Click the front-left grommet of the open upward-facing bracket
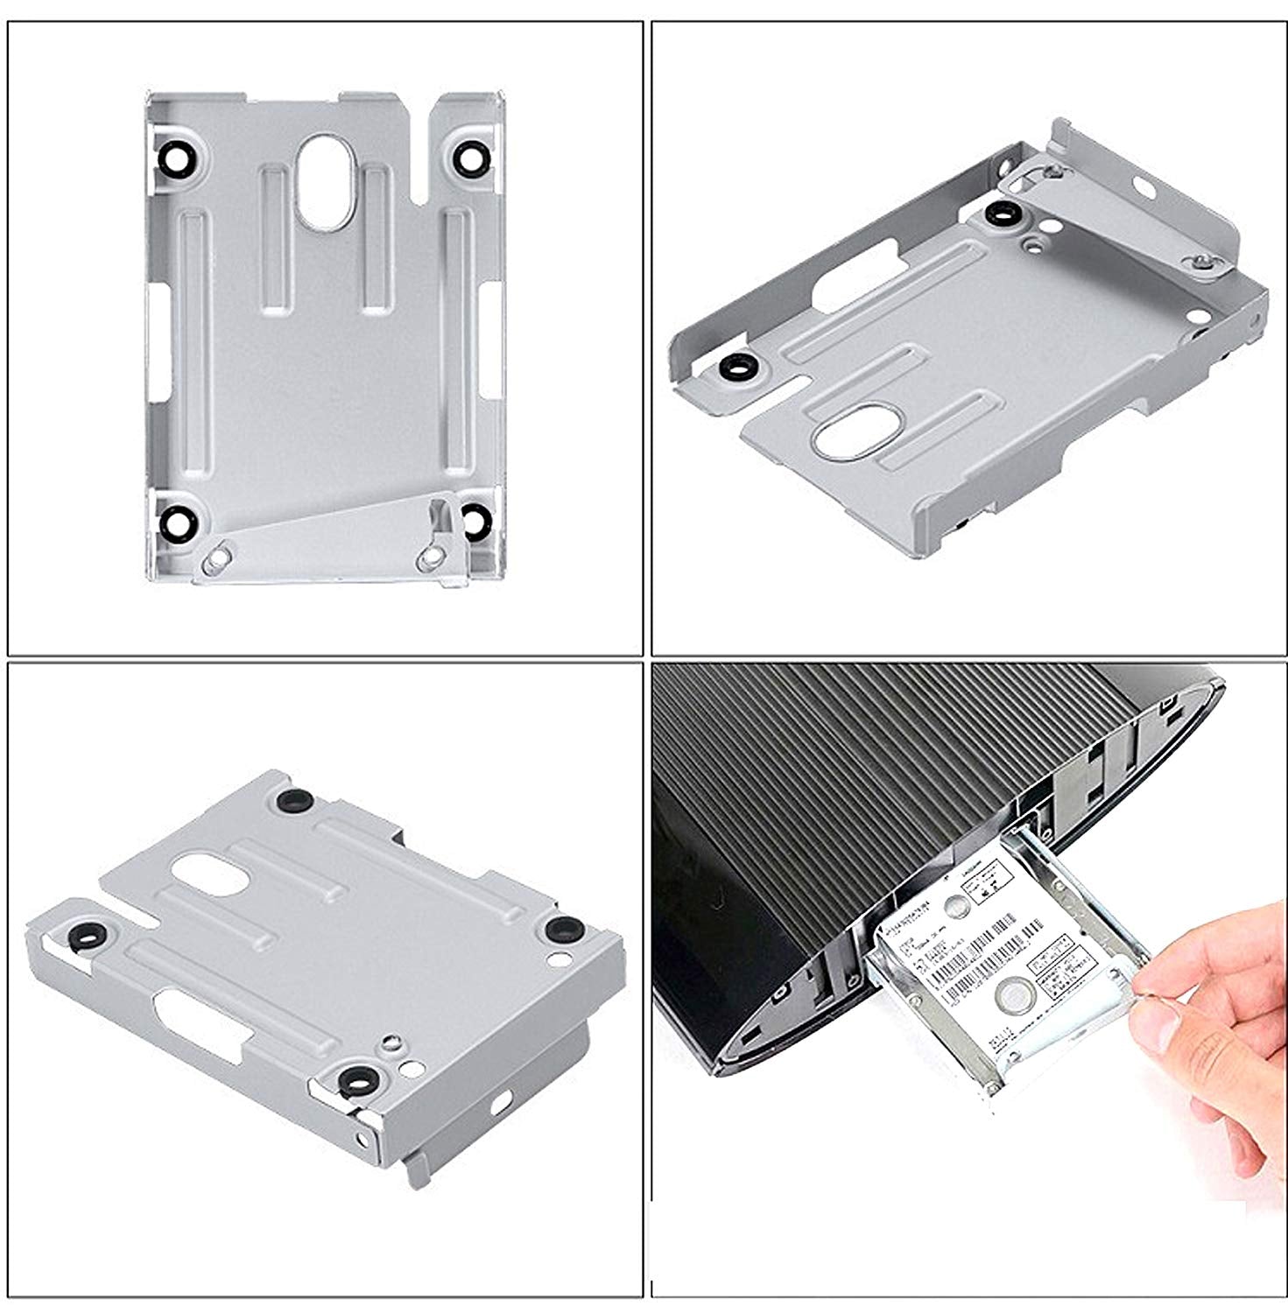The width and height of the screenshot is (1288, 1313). click(740, 369)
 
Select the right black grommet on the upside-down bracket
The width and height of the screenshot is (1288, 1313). click(560, 927)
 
